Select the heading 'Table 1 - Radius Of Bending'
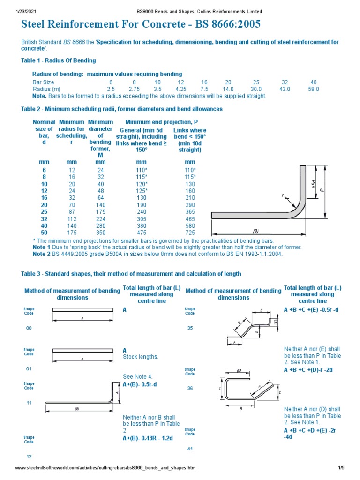coord(59,60)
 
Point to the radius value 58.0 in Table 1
coord(314,89)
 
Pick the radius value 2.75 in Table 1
coord(134,89)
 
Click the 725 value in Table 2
coord(190,232)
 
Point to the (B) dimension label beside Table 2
coord(255,231)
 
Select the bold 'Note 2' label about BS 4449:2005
coord(41,254)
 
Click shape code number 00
coord(29,328)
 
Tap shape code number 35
coord(190,328)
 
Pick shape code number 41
coord(190,449)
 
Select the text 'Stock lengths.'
coord(141,357)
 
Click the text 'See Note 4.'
coord(138,376)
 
